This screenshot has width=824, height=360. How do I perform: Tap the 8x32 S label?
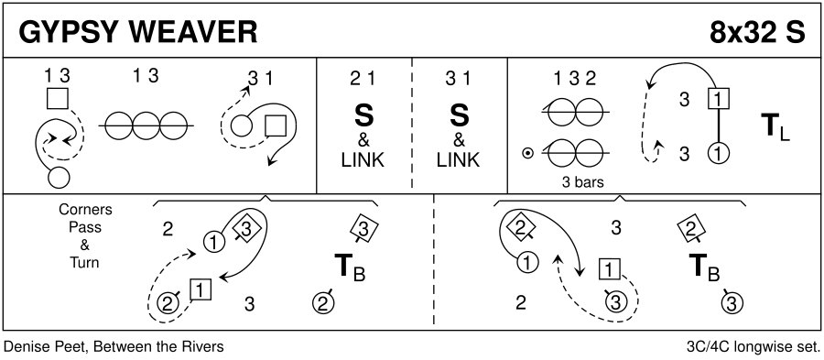(x=757, y=33)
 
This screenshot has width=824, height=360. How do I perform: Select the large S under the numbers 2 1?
(x=363, y=115)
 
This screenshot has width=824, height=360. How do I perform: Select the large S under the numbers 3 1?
(x=459, y=115)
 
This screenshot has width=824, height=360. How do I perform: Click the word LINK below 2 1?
(x=363, y=159)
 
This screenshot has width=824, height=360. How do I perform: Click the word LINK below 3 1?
(x=459, y=159)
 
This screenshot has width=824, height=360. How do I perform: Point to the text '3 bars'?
(x=581, y=183)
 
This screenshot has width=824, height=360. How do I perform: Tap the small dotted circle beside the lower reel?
(x=527, y=153)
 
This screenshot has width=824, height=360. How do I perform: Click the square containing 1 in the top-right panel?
(x=719, y=98)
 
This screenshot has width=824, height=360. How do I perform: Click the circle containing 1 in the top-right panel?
(x=719, y=154)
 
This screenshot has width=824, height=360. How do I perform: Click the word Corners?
(x=85, y=209)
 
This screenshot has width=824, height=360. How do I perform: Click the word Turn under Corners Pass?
(x=84, y=262)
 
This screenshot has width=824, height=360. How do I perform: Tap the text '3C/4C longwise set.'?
(x=754, y=347)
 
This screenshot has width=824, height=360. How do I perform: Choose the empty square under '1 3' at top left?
(x=58, y=98)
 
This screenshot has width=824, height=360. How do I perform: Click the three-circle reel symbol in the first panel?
(x=146, y=125)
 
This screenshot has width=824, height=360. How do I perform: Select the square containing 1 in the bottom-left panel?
(x=201, y=289)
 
